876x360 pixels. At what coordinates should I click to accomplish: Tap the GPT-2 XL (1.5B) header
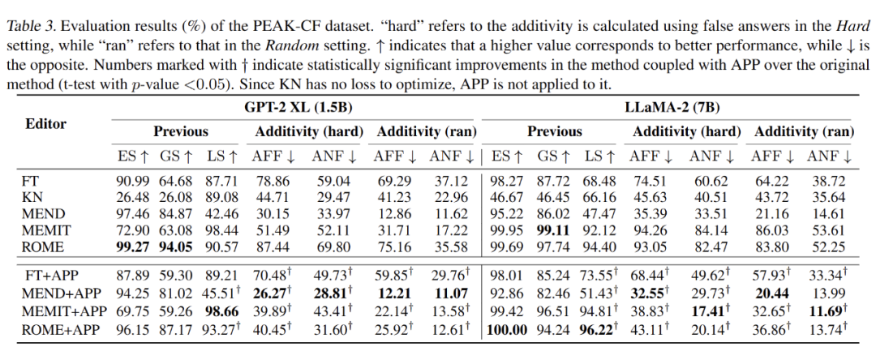tap(292, 106)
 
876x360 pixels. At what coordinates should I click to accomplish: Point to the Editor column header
tap(45, 123)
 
